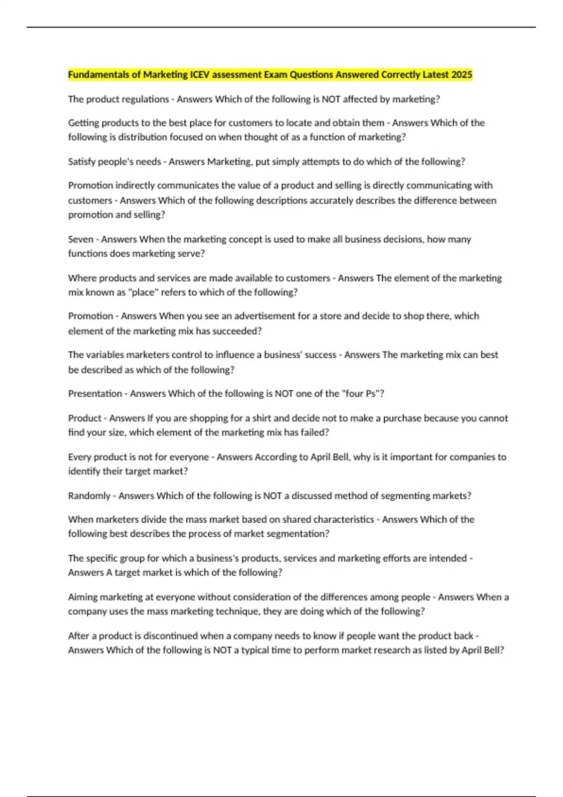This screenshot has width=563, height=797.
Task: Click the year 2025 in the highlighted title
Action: (x=462, y=75)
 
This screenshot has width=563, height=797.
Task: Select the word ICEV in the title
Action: (x=200, y=75)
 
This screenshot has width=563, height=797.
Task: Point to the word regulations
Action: (x=145, y=99)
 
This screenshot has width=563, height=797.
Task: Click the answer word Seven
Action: (x=81, y=239)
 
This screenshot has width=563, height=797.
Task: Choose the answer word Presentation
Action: (x=95, y=394)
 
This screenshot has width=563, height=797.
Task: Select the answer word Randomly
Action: (x=89, y=496)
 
